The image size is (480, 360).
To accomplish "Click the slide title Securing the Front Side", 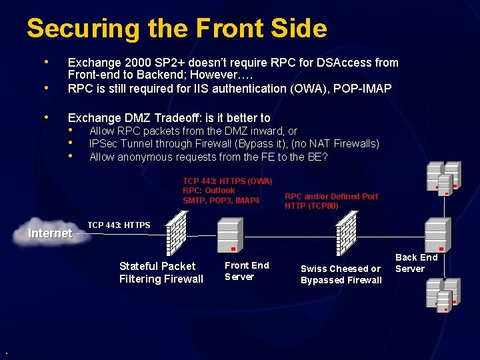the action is coord(177,29).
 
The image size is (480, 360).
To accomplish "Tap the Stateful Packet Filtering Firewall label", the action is coord(161,273).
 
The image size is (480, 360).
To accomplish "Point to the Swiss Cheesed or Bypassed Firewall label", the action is coord(341,274).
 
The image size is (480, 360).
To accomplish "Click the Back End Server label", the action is coord(416,263).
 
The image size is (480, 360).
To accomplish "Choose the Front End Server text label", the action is coord(246,271).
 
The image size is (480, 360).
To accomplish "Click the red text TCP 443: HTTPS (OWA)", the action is coord(227,181).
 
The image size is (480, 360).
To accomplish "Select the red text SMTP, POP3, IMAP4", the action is coord(221,200).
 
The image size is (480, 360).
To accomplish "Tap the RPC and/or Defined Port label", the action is coord(331,196).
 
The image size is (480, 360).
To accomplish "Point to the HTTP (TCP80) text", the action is coord(311,205).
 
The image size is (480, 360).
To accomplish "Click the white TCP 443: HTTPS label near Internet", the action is coord(119,225).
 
